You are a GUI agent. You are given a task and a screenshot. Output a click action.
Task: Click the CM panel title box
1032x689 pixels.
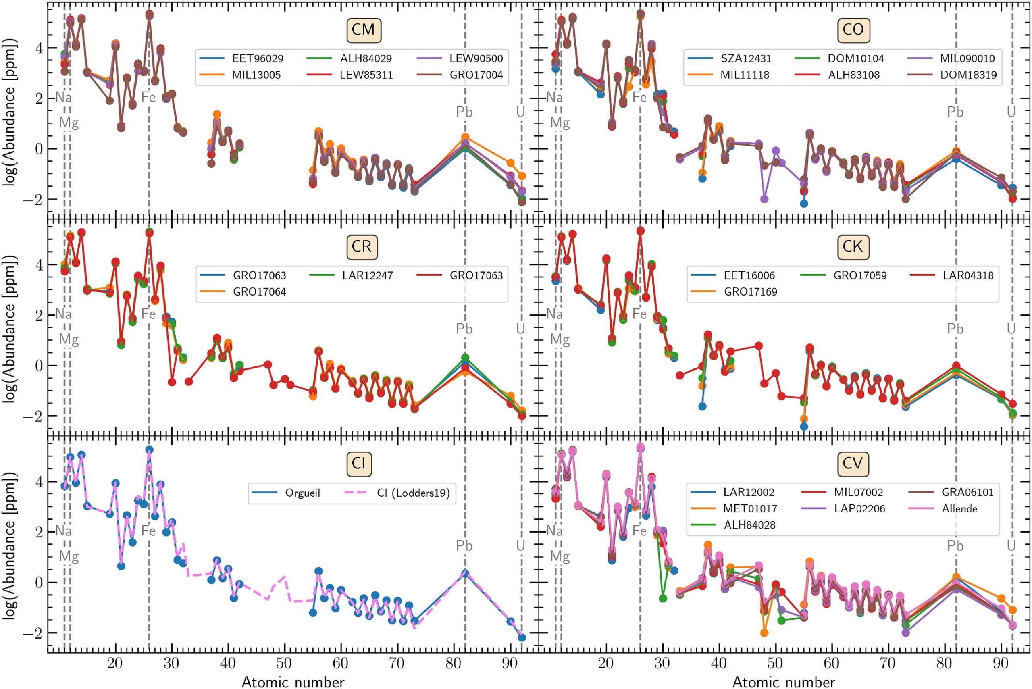(x=363, y=30)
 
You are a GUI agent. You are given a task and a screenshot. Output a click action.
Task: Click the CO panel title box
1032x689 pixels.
(x=853, y=30)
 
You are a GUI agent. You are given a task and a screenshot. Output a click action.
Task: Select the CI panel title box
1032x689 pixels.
(x=358, y=464)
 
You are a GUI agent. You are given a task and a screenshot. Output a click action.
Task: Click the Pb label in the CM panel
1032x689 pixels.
(x=464, y=112)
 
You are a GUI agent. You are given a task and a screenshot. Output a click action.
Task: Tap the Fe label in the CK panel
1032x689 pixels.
(x=639, y=314)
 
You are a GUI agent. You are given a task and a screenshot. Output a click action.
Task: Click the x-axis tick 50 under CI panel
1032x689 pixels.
(x=285, y=663)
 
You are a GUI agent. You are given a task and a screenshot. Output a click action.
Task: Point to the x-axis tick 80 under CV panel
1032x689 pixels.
(x=944, y=663)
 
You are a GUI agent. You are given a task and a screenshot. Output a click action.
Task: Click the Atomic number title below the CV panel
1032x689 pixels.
(x=783, y=681)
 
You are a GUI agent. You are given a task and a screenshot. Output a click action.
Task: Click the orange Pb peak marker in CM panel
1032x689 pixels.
(x=465, y=137)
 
